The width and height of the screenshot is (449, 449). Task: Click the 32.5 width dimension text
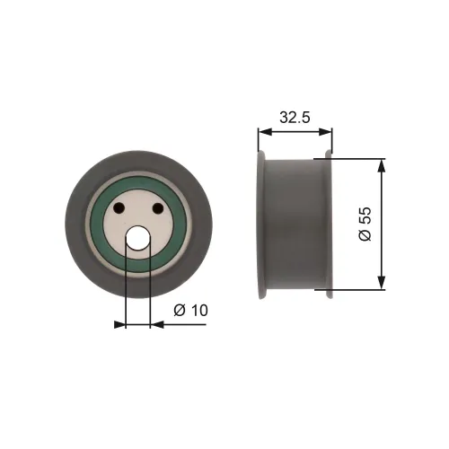tap(295, 116)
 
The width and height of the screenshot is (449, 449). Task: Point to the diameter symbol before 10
tap(178, 310)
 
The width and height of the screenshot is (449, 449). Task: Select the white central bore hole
tap(138, 238)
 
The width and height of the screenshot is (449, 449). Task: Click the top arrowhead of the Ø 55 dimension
tap(383, 165)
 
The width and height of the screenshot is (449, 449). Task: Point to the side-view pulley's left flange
tap(261, 224)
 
